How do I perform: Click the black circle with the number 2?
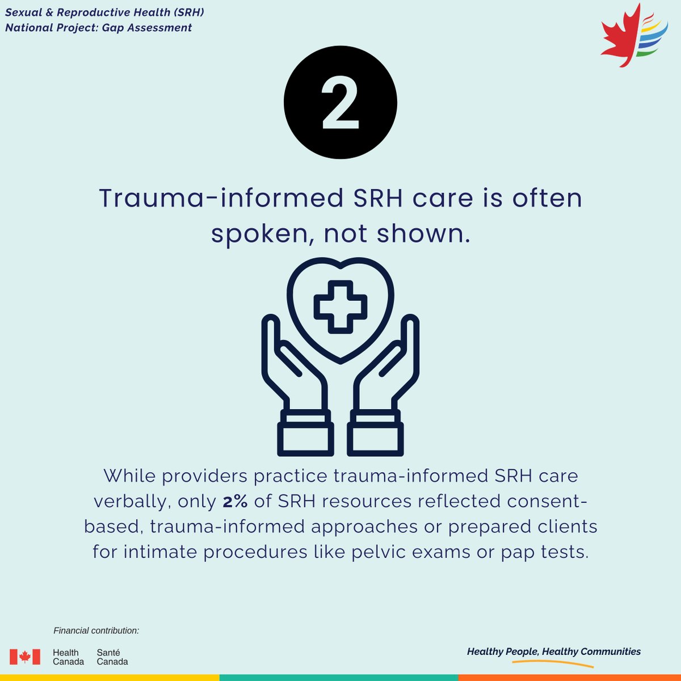click(340, 103)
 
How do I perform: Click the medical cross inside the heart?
click(340, 306)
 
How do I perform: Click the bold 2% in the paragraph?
click(235, 502)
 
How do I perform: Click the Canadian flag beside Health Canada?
click(25, 657)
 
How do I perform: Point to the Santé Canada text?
click(112, 657)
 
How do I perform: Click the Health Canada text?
click(68, 657)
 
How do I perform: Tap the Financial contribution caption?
click(96, 630)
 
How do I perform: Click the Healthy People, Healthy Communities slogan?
click(553, 651)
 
